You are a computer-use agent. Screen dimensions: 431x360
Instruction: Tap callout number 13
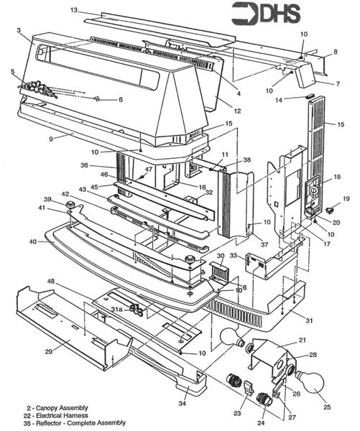pyautogui.click(x=74, y=11)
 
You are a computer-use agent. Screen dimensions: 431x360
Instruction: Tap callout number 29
pyautogui.click(x=48, y=351)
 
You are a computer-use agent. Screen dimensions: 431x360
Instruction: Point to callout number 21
pyautogui.click(x=303, y=340)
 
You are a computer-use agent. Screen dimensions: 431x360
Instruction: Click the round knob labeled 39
pyautogui.click(x=72, y=206)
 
